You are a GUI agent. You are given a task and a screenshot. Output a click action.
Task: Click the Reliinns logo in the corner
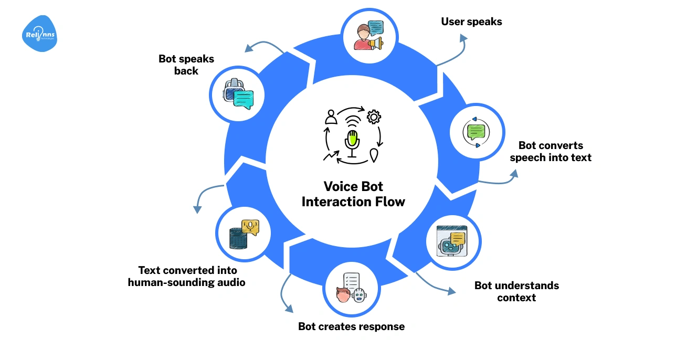39,34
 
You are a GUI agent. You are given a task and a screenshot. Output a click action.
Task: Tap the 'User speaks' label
471,22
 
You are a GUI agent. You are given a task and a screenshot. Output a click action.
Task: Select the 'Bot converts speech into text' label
551,152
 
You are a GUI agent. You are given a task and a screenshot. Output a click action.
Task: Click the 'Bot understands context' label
516,291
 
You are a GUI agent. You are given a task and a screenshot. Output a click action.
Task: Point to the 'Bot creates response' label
351,326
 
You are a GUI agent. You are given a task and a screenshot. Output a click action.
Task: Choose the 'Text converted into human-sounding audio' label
187,276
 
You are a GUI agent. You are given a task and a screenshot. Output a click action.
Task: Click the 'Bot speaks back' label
186,65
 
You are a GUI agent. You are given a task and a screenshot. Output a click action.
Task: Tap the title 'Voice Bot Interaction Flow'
353,194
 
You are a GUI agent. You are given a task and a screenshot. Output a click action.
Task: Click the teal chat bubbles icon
238,94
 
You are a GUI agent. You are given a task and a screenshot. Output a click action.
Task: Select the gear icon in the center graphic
374,117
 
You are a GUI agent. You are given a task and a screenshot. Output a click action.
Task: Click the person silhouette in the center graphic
331,117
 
